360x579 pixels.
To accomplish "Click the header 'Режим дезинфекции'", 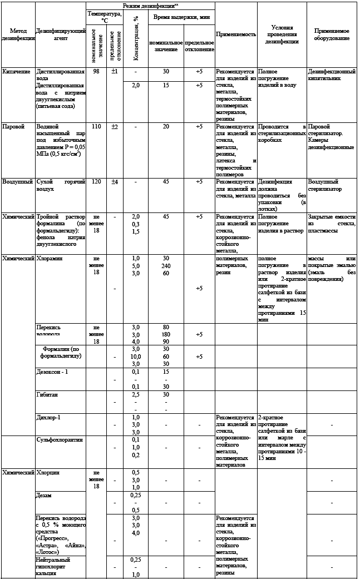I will coord(150,4).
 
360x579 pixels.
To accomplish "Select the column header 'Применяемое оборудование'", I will coord(332,34).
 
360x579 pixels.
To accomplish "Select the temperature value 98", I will coord(96,72).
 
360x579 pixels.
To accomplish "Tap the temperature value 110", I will coord(96,126).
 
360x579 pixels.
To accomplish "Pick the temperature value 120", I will coord(96,181).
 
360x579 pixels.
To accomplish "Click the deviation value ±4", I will coord(114,181).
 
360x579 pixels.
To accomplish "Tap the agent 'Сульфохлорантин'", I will coord(60,440).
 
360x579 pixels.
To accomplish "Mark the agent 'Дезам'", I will coord(45,495).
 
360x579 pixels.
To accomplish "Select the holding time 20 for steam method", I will coord(166,126).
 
